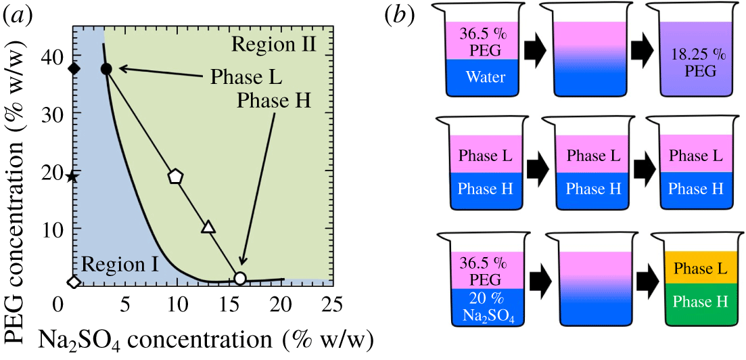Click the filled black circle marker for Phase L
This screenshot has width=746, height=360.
click(x=106, y=68)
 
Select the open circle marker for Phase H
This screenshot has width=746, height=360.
click(x=240, y=278)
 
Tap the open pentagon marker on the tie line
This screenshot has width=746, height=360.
click(x=176, y=176)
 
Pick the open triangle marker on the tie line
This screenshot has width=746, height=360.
click(x=208, y=227)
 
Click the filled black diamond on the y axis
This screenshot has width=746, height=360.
click(x=74, y=68)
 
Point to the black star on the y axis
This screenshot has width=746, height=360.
click(x=73, y=177)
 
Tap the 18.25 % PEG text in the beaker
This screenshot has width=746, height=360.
click(x=693, y=63)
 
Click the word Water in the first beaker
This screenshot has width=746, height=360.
click(x=486, y=76)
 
